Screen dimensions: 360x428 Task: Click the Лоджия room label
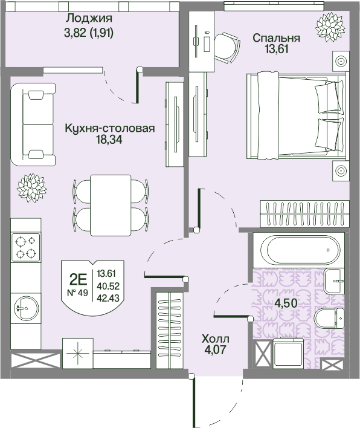(89, 19)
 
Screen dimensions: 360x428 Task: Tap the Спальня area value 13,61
(276, 50)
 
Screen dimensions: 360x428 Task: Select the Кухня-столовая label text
(110, 128)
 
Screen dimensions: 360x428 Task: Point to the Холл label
(216, 339)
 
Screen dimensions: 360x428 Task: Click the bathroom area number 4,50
(286, 303)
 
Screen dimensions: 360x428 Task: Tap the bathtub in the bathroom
(298, 250)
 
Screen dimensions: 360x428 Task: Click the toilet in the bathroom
(330, 319)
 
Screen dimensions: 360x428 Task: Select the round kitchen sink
(26, 308)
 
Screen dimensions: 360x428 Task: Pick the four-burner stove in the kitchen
(26, 248)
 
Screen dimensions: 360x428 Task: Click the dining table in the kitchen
(111, 206)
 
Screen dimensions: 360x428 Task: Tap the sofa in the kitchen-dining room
(33, 124)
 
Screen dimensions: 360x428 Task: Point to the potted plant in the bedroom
(329, 27)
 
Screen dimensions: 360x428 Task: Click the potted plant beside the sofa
(31, 188)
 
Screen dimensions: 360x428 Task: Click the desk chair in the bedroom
(227, 47)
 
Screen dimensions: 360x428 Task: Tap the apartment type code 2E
(78, 279)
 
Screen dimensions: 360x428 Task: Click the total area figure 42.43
(108, 298)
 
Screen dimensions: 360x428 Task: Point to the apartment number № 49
(77, 293)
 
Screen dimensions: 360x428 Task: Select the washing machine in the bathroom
(289, 354)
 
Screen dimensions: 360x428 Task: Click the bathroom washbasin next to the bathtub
(335, 280)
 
